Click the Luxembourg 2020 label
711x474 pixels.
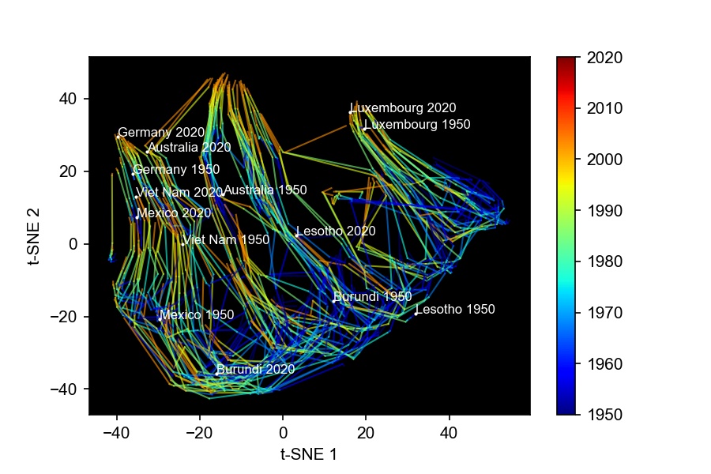pos(404,108)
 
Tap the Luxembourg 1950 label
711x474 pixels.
pos(417,125)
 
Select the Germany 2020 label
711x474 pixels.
pos(161,132)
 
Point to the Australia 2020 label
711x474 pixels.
pos(189,148)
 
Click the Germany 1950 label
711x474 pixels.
pos(176,170)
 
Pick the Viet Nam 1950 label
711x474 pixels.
pos(226,239)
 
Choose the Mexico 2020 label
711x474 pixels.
pos(174,213)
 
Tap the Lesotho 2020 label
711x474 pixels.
pos(336,231)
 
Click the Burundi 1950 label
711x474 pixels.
pos(372,297)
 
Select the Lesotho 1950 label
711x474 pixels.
pos(455,310)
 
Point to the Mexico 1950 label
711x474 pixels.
pos(197,315)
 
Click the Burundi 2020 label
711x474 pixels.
pos(255,369)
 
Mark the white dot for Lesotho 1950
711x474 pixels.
pos(416,314)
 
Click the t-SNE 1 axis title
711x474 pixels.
pos(309,453)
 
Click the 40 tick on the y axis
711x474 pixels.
pos(71,99)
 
